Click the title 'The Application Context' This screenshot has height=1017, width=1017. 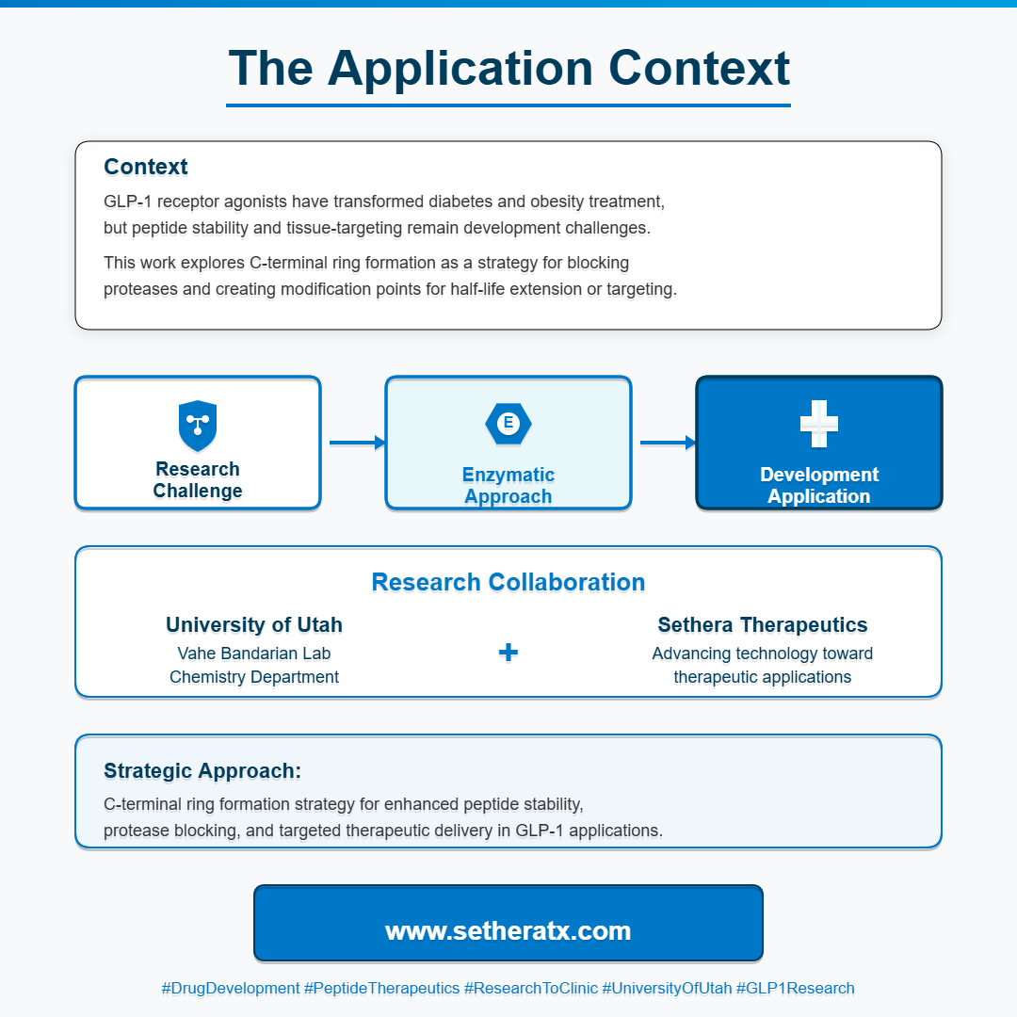pyautogui.click(x=508, y=68)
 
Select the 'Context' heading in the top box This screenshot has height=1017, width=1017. pyautogui.click(x=146, y=167)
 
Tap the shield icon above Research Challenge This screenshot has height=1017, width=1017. pyautogui.click(x=198, y=425)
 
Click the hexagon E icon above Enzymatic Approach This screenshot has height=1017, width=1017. pyautogui.click(x=508, y=423)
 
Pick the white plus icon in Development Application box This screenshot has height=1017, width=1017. pyautogui.click(x=819, y=424)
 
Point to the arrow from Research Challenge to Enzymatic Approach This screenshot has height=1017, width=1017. pyautogui.click(x=357, y=442)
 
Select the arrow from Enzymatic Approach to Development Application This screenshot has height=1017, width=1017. pyautogui.click(x=668, y=442)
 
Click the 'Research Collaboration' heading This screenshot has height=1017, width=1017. pyautogui.click(x=508, y=582)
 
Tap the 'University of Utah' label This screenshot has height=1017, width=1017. pyautogui.click(x=254, y=625)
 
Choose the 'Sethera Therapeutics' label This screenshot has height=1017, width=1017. pyautogui.click(x=763, y=625)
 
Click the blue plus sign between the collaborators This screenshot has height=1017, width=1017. pyautogui.click(x=508, y=653)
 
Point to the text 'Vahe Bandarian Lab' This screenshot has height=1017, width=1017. pyautogui.click(x=254, y=654)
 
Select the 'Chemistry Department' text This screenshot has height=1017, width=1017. pyautogui.click(x=254, y=677)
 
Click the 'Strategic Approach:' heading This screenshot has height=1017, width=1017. pyautogui.click(x=202, y=770)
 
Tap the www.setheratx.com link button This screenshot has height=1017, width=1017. pyautogui.click(x=508, y=931)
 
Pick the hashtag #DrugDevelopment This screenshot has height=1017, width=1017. pyautogui.click(x=231, y=989)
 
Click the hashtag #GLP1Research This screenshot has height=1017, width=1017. pyautogui.click(x=796, y=989)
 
